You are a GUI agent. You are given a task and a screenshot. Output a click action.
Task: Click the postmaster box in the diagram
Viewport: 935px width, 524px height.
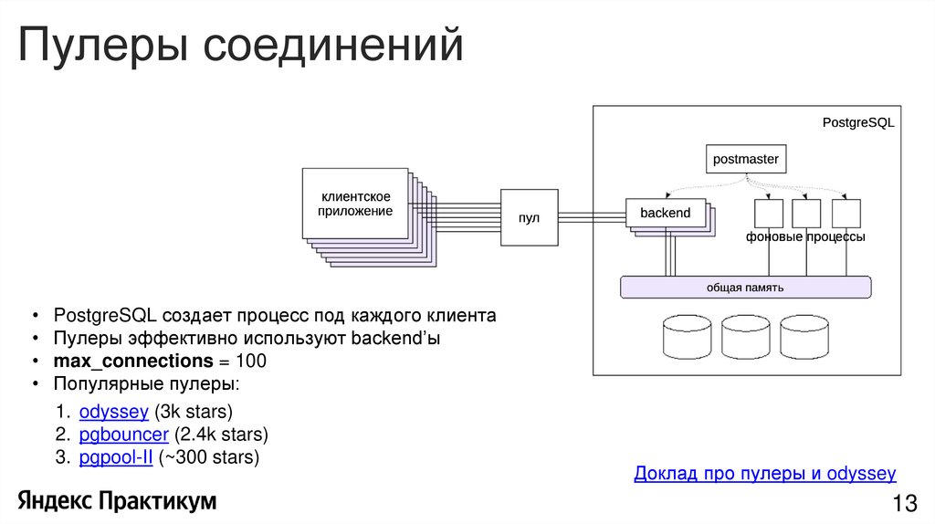point(746,160)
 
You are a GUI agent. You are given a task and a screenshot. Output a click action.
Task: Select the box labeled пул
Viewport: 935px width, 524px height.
point(529,217)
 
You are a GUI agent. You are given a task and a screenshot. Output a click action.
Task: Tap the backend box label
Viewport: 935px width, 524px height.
point(665,213)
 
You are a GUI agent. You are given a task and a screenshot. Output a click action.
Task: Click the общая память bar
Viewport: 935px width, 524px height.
point(745,287)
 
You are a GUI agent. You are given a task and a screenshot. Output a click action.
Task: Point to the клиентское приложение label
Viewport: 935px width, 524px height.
point(355,204)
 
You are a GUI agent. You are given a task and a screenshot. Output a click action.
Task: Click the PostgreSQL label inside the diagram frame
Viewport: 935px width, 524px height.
point(857,121)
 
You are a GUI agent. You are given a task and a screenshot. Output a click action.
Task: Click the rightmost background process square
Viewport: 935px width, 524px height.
point(846,214)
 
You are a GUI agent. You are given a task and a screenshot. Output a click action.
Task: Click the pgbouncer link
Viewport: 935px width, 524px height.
point(124,434)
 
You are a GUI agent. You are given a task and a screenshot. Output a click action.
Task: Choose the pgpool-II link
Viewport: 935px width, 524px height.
point(116,457)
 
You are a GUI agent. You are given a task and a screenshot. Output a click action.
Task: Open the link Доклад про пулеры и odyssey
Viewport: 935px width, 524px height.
point(764,474)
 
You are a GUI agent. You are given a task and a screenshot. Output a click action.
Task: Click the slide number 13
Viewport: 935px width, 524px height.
point(904,503)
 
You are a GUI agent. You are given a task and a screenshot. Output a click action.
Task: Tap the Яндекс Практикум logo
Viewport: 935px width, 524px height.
point(117,500)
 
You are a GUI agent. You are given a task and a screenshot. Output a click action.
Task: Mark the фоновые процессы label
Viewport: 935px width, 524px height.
point(804,236)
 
